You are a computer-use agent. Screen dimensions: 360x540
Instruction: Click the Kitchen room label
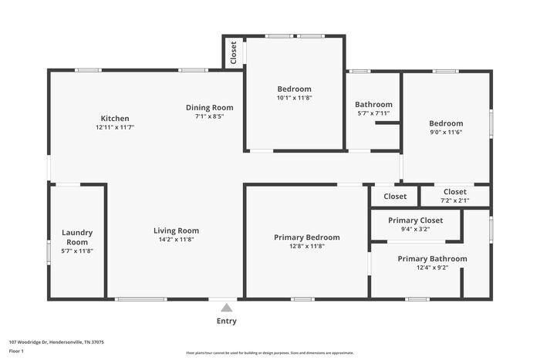pyautogui.click(x=115, y=118)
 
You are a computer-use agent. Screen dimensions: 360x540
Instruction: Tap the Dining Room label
pyautogui.click(x=209, y=107)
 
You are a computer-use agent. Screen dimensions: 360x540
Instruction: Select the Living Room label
pyautogui.click(x=176, y=230)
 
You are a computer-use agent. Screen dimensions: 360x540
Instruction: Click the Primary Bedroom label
pyautogui.click(x=306, y=237)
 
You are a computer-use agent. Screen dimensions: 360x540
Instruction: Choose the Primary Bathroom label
pyautogui.click(x=432, y=258)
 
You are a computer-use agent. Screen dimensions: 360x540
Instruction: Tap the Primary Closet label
pyautogui.click(x=416, y=220)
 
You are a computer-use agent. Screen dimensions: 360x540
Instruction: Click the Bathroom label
pyautogui.click(x=373, y=104)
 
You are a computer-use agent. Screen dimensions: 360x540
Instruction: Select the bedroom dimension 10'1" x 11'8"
pyautogui.click(x=295, y=98)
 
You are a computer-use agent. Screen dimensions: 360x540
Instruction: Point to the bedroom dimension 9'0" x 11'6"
pyautogui.click(x=446, y=133)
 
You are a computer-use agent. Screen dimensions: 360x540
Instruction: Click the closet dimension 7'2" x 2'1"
pyautogui.click(x=454, y=200)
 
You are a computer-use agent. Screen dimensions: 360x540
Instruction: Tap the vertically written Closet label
pyautogui.click(x=233, y=52)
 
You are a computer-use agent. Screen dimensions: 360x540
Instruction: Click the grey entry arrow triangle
pyautogui.click(x=226, y=308)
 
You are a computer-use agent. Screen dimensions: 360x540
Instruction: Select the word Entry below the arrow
pyautogui.click(x=226, y=321)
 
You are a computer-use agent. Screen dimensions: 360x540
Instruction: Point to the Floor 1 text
pyautogui.click(x=16, y=352)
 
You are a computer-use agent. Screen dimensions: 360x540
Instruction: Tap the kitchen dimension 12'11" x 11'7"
pyautogui.click(x=115, y=127)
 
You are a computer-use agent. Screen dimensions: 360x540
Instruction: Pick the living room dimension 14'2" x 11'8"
pyautogui.click(x=176, y=240)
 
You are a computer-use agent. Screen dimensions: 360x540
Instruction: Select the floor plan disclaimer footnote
pyautogui.click(x=269, y=352)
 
